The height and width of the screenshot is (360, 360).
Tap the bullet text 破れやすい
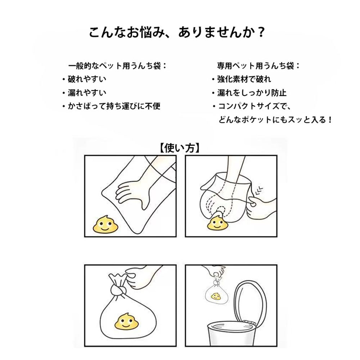pos(87,79)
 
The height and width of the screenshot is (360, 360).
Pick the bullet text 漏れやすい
pos(87,93)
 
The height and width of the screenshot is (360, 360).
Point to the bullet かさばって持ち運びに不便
pos(114,106)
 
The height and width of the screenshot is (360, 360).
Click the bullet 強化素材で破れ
pos(244,79)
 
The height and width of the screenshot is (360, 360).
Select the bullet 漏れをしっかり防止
pos(251,93)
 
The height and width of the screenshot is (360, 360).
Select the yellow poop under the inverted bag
pos(217,225)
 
